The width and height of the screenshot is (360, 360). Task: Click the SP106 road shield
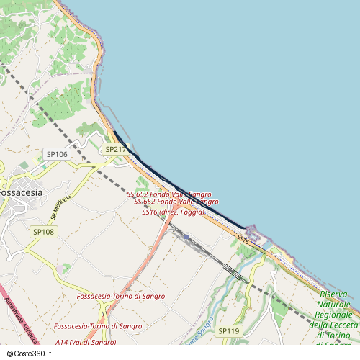pos(57,154)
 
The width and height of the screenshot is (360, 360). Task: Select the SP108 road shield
pos(43,232)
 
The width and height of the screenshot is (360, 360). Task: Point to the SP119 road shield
pos(228,331)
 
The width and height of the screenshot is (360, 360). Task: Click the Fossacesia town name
pos(22,193)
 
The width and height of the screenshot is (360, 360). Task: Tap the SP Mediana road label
pos(61,207)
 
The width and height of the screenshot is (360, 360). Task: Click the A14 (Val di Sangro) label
pos(85,342)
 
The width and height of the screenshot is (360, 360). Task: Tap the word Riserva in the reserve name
pos(334,294)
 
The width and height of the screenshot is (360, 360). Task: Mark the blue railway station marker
pos(186,236)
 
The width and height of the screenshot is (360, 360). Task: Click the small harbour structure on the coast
pos(252,232)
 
